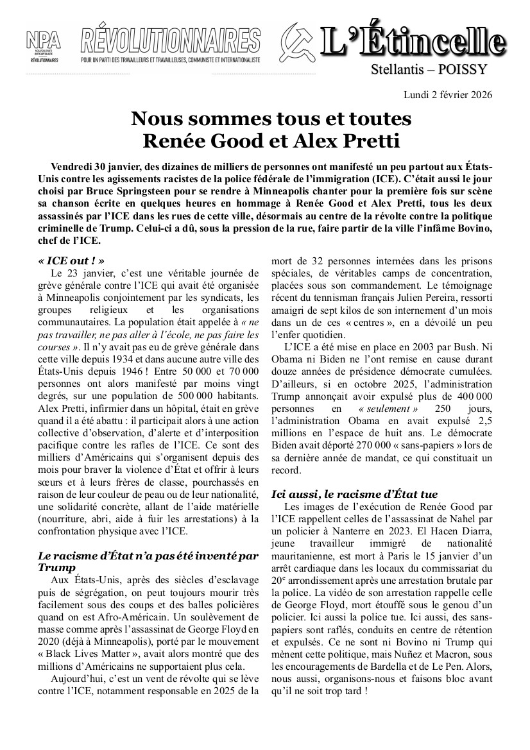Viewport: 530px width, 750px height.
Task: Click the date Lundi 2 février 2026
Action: click(448, 95)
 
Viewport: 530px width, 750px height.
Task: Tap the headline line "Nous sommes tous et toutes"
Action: click(271, 119)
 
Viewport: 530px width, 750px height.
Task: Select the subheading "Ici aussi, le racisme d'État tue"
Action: click(355, 494)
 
